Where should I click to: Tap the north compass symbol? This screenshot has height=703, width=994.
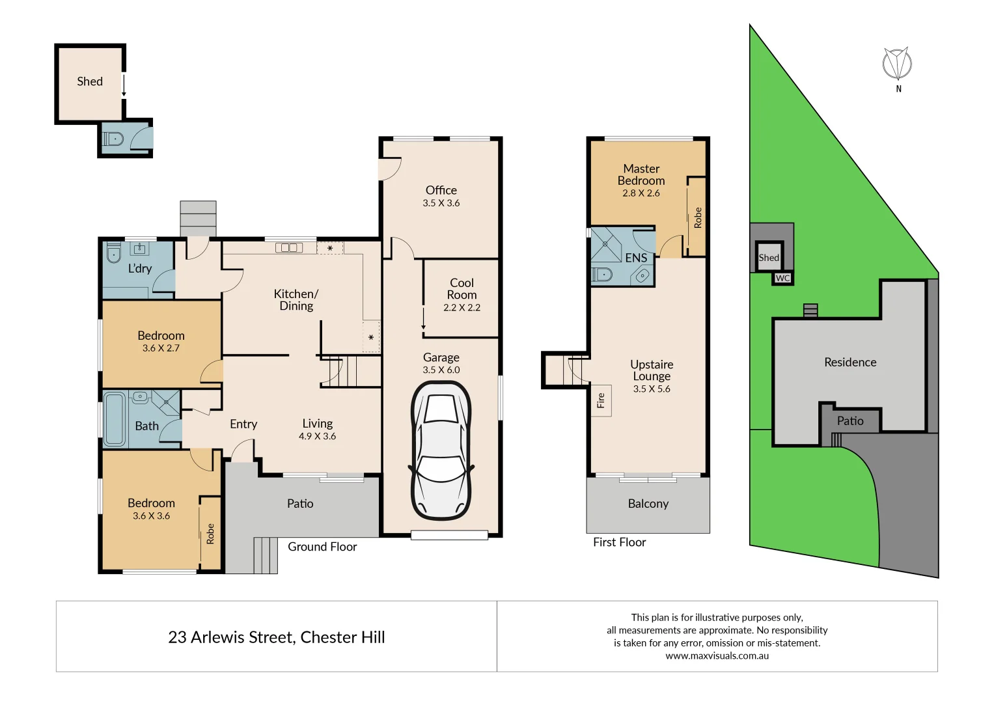(x=897, y=64)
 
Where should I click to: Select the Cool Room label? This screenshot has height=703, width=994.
(x=462, y=288)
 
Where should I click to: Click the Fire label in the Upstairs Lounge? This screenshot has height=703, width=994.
(x=601, y=400)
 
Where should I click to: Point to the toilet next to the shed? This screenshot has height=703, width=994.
(x=114, y=138)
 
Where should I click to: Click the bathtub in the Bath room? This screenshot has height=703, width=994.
(x=115, y=419)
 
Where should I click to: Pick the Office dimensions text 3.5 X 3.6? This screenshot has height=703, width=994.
(x=441, y=203)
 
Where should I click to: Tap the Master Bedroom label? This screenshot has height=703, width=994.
(x=641, y=174)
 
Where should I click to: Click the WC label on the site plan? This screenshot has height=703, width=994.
(x=782, y=278)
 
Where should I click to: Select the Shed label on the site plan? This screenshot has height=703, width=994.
(x=769, y=258)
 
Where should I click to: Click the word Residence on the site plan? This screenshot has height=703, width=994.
(x=849, y=363)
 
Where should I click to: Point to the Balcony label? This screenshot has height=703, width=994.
(x=648, y=504)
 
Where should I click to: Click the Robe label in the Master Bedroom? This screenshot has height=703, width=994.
(x=698, y=217)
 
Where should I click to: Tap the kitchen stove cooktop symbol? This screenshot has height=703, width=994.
(x=289, y=247)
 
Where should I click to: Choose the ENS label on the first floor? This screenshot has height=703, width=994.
(x=636, y=258)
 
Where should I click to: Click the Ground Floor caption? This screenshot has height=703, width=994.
(x=322, y=547)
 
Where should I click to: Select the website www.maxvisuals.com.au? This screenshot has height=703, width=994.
(x=717, y=656)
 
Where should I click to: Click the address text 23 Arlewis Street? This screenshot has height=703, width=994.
(x=230, y=637)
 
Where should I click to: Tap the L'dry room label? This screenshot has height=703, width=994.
(x=139, y=268)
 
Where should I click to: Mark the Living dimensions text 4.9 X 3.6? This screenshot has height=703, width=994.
(x=317, y=437)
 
